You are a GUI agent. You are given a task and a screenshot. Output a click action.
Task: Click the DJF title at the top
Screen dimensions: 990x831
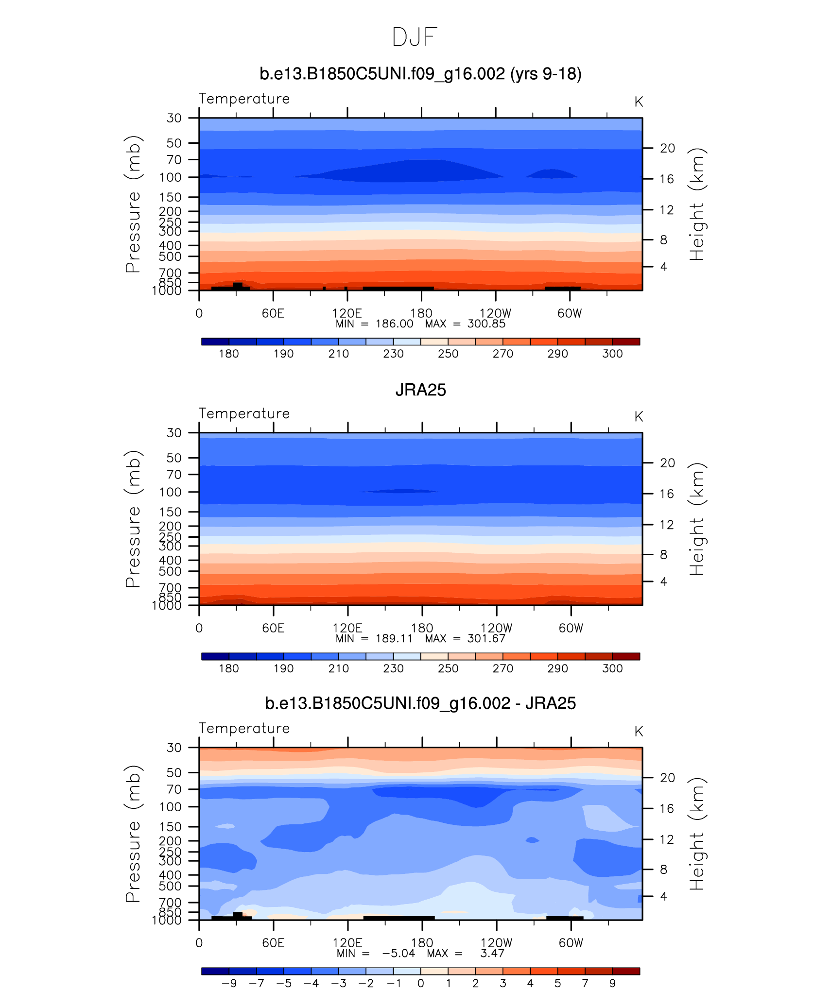click(x=415, y=37)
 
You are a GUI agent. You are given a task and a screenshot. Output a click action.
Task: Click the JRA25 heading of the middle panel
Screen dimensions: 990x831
click(x=420, y=390)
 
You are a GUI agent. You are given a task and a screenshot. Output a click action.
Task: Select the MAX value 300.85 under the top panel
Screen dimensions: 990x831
click(x=486, y=324)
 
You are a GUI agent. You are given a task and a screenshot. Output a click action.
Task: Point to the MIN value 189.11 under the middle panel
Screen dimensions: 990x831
click(x=394, y=639)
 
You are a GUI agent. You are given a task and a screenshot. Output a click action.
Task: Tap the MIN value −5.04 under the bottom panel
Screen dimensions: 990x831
click(x=398, y=954)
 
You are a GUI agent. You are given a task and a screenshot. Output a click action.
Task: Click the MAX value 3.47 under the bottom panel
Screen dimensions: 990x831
click(x=492, y=954)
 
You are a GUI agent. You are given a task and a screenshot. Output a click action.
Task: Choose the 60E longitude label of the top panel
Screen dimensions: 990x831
click(x=273, y=313)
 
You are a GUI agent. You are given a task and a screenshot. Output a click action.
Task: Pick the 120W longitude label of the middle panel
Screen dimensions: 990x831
click(x=496, y=628)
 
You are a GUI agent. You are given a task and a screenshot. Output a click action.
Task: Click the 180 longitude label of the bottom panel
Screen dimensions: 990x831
click(x=422, y=943)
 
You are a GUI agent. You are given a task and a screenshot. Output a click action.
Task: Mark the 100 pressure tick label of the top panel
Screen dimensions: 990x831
click(x=170, y=177)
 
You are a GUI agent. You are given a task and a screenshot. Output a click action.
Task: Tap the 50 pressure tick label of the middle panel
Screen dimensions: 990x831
click(x=174, y=458)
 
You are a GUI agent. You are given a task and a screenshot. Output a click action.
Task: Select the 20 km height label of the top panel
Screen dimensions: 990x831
click(x=667, y=148)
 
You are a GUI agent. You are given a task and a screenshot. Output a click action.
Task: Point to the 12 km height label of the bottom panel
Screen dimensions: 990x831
click(x=667, y=839)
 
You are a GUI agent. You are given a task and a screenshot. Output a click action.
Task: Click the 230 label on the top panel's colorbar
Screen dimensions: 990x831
click(x=393, y=354)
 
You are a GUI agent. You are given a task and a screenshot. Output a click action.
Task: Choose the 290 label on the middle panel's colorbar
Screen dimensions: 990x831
click(x=557, y=668)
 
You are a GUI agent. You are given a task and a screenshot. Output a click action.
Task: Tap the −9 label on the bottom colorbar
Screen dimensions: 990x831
click(x=229, y=984)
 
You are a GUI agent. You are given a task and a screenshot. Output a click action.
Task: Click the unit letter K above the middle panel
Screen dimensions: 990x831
click(x=639, y=417)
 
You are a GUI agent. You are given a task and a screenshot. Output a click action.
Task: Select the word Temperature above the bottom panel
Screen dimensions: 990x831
click(x=244, y=728)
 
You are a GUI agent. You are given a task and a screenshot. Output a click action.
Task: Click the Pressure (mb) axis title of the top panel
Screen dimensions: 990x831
click(x=133, y=204)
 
